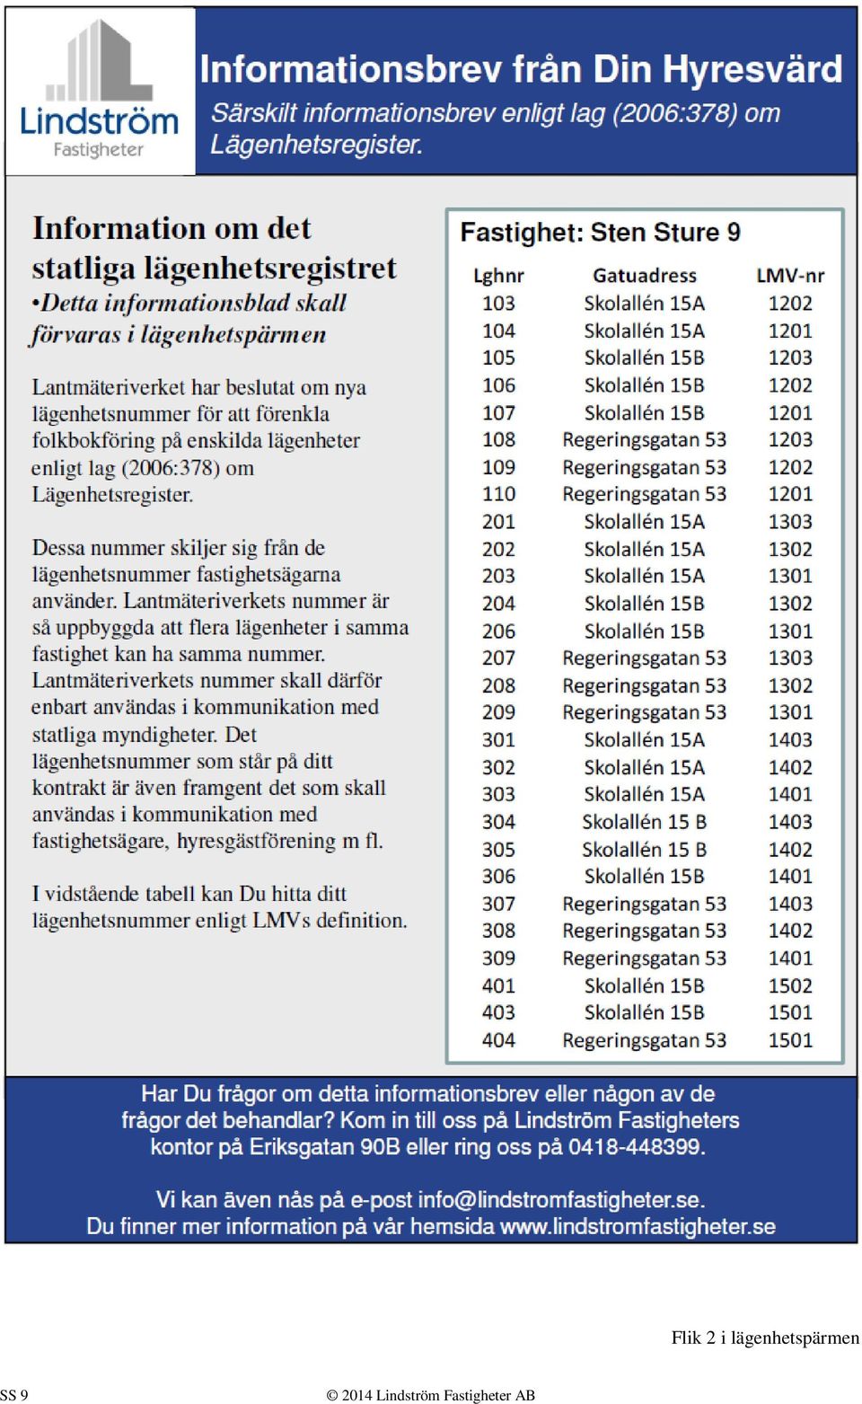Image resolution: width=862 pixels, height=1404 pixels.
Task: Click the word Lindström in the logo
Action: click(99, 121)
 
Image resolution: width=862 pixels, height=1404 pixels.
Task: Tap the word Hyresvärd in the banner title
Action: click(752, 69)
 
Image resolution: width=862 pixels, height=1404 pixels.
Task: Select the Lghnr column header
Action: click(498, 276)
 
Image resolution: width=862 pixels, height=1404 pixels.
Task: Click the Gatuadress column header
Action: click(645, 276)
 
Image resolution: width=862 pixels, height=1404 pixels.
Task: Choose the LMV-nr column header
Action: click(790, 276)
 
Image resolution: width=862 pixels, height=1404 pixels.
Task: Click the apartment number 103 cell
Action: click(498, 304)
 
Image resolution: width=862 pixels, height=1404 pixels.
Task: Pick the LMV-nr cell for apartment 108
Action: click(790, 440)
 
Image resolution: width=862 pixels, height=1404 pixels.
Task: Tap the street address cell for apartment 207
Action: click(645, 658)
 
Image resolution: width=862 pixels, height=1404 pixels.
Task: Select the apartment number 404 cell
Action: click(498, 1040)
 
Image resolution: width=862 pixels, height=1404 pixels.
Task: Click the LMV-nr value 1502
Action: click(790, 986)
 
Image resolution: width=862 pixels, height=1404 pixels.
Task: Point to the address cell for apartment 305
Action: click(645, 849)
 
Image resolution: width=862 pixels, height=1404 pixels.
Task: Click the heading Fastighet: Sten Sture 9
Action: click(601, 233)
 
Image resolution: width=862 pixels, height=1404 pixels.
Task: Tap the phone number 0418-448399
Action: click(637, 1147)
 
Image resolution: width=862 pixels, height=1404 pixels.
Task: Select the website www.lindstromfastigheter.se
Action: click(638, 1227)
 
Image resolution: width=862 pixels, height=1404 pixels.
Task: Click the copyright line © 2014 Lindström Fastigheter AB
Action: click(431, 1395)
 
